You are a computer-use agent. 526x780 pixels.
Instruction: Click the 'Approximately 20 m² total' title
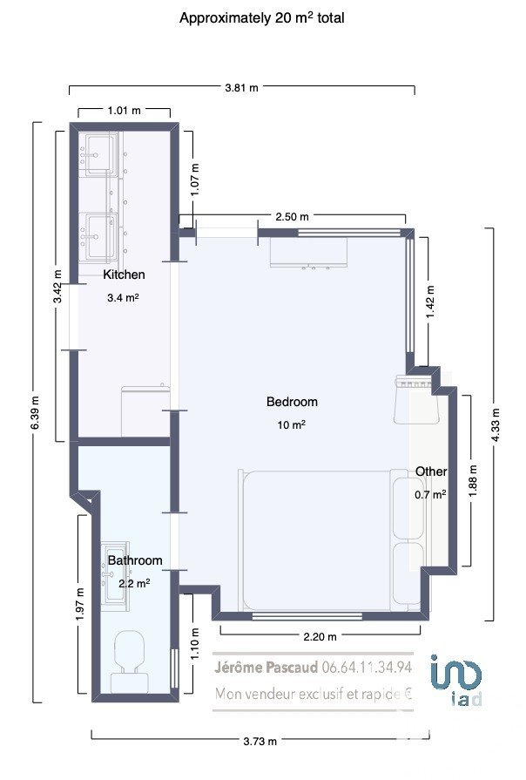pos(261,18)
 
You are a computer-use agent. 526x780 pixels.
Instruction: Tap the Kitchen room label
pos(125,275)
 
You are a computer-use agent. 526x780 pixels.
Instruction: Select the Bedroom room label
pos(292,402)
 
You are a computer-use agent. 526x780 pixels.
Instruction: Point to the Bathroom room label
pos(135,560)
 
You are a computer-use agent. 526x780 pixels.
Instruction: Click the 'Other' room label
pos(431,471)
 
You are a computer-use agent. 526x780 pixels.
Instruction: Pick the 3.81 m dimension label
pos(241,87)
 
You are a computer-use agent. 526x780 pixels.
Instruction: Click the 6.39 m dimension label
pos(35,412)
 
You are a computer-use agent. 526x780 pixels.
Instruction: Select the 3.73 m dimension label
pos(260,741)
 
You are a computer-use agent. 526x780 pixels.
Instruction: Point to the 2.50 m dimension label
pos(292,216)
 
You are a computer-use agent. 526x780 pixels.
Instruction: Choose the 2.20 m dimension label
pos(320,636)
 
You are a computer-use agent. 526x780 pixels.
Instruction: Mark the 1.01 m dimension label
pos(125,111)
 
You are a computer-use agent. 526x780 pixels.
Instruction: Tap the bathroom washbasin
pos(115,576)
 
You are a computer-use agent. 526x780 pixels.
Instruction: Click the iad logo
pos(456,680)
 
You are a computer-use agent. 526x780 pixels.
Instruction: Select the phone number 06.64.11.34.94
pos(367,667)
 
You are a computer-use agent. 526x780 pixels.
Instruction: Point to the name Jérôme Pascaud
pos(266,667)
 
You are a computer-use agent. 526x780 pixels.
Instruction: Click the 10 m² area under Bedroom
pos(292,424)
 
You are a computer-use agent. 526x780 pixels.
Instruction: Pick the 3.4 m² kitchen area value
pos(123,298)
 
